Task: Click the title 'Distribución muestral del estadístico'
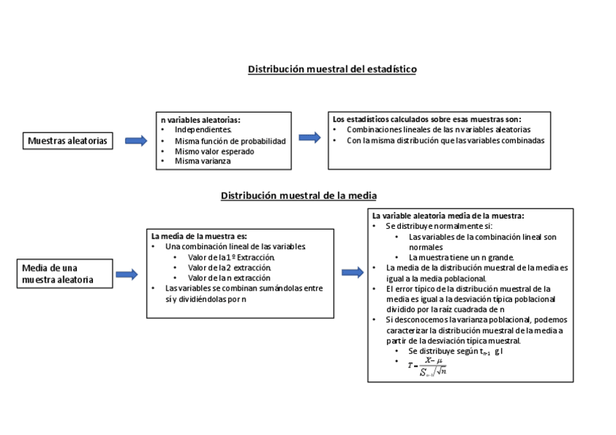click(x=332, y=69)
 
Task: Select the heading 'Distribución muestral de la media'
click(x=299, y=196)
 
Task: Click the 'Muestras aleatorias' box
click(x=68, y=141)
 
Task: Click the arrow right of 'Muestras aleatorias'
click(x=135, y=141)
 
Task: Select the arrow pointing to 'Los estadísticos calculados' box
click(x=309, y=137)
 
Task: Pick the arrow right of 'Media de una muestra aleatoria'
click(x=126, y=274)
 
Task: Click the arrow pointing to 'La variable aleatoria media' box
click(x=352, y=272)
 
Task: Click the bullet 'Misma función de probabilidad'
click(x=230, y=140)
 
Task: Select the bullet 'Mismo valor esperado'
click(x=214, y=151)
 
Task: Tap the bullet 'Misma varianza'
click(x=202, y=161)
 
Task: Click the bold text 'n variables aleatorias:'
click(x=200, y=119)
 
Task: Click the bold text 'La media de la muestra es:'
click(x=199, y=236)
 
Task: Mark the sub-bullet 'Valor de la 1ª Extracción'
click(x=231, y=257)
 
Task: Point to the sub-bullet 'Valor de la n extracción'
click(x=229, y=277)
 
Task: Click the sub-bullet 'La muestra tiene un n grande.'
click(x=461, y=257)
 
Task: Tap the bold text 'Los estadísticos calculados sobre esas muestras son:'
click(x=426, y=119)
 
